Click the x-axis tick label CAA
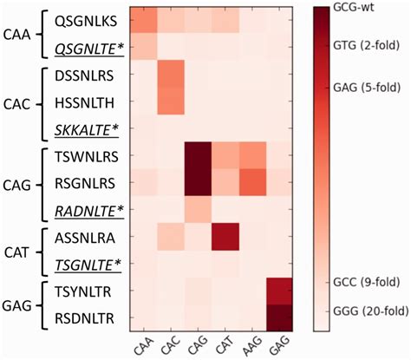click(142, 344)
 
